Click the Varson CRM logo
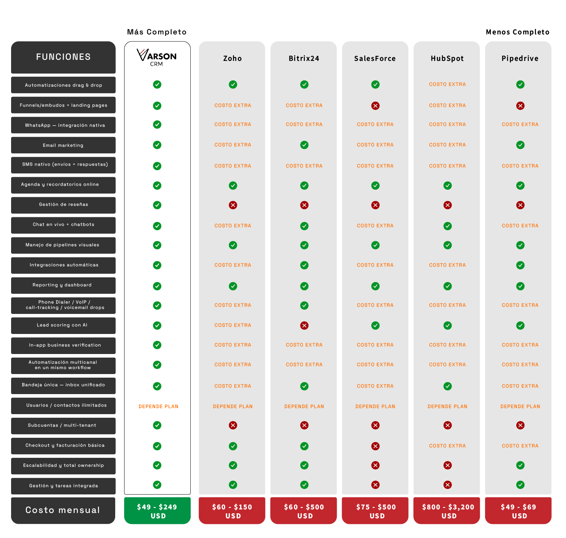point(157,58)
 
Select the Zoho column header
point(233,58)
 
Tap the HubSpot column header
point(447,58)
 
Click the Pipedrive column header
point(520,58)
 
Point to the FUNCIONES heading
point(63,57)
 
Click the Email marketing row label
point(63,145)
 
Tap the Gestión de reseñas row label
point(63,205)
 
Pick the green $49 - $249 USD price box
point(157,511)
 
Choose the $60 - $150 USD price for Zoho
point(233,511)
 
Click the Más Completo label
point(157,32)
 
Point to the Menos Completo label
point(517,32)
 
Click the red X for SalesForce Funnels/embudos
point(375,106)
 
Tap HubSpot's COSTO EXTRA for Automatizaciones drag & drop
point(447,84)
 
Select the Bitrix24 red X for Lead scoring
point(304,325)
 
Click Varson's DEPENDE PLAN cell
point(158,407)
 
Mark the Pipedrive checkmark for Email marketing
point(520,145)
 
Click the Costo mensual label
point(63,510)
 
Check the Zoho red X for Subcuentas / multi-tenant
point(233,425)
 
